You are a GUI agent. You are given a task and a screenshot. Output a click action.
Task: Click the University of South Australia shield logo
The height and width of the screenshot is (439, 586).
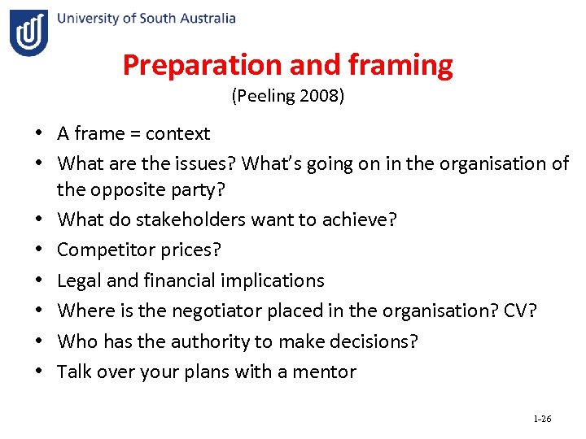click(28, 33)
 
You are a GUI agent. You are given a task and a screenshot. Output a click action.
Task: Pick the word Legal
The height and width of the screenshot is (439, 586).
click(79, 280)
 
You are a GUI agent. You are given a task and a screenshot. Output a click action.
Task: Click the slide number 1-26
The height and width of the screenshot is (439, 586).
click(542, 419)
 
